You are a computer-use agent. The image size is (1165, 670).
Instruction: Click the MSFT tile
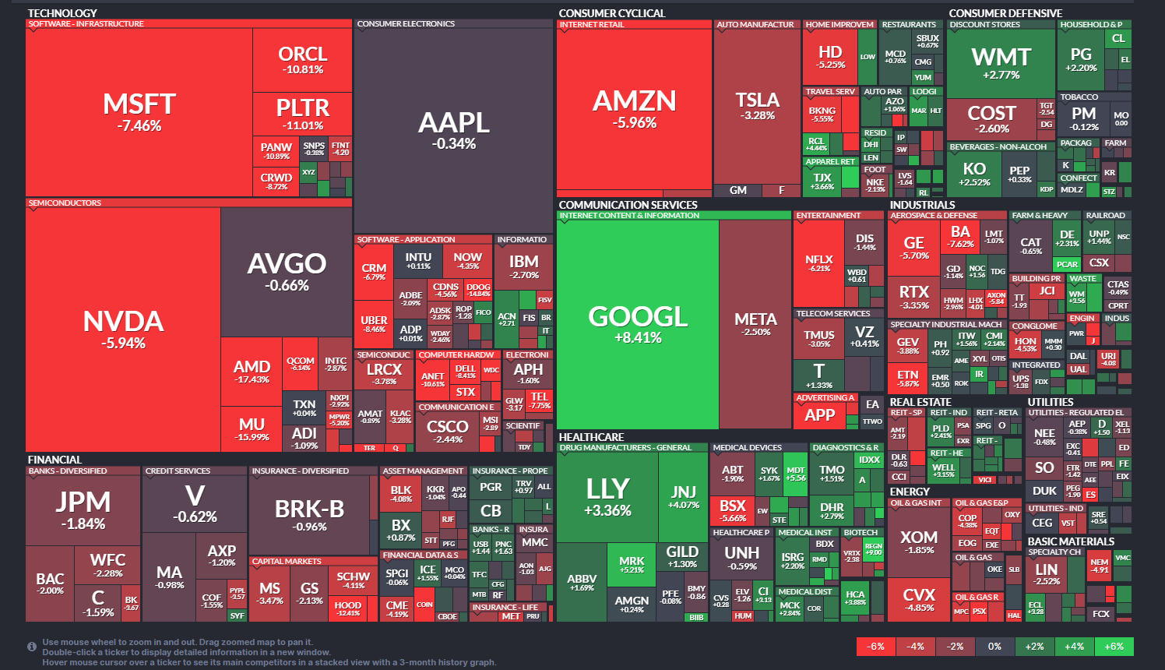(x=139, y=112)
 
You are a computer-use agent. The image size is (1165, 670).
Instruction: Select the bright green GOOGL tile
(x=638, y=324)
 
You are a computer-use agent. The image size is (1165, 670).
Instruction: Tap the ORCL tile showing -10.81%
(x=302, y=60)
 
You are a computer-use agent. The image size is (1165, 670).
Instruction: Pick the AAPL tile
(x=453, y=129)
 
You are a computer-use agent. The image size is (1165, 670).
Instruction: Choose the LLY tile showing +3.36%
(x=607, y=496)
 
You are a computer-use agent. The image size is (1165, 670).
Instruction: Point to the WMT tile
(x=1001, y=63)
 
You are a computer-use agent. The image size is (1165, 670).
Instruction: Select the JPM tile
(x=83, y=510)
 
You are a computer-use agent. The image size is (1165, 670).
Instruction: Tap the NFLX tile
(x=819, y=263)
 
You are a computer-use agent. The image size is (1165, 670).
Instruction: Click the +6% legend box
(x=1114, y=647)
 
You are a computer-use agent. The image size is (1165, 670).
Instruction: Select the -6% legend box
(x=876, y=647)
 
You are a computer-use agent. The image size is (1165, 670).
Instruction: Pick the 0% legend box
(x=994, y=647)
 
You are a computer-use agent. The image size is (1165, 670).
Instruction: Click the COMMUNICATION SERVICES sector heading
(x=628, y=205)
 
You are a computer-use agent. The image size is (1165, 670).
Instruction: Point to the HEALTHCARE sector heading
(x=591, y=437)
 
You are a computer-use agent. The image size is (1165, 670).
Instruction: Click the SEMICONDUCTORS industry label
(x=65, y=203)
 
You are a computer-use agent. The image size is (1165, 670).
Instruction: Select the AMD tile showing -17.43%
(x=252, y=371)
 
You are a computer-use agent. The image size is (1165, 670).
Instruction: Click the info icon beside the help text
(x=32, y=647)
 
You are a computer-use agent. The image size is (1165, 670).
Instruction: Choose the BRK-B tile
(x=309, y=514)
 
